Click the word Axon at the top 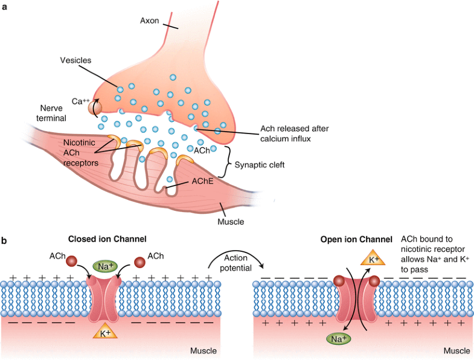(x=150, y=21)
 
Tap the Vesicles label (x=75, y=60)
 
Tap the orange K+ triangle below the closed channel (x=104, y=330)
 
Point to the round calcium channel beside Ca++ (x=94, y=109)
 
